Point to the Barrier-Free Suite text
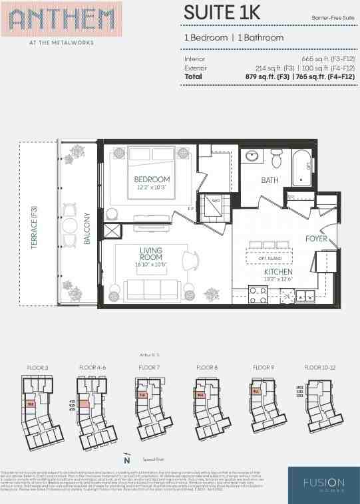pyautogui.click(x=333, y=17)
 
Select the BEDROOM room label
pyautogui.click(x=152, y=180)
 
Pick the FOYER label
pyautogui.click(x=316, y=238)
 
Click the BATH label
pyautogui.click(x=270, y=180)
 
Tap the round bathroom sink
pyautogui.click(x=252, y=158)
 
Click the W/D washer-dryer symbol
pyautogui.click(x=216, y=201)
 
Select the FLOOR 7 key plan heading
pyautogui.click(x=149, y=367)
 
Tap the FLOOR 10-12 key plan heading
pyautogui.click(x=320, y=367)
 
